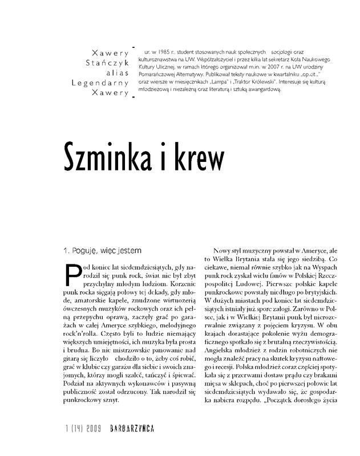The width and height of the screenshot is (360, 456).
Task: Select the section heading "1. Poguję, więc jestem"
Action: (x=102, y=250)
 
